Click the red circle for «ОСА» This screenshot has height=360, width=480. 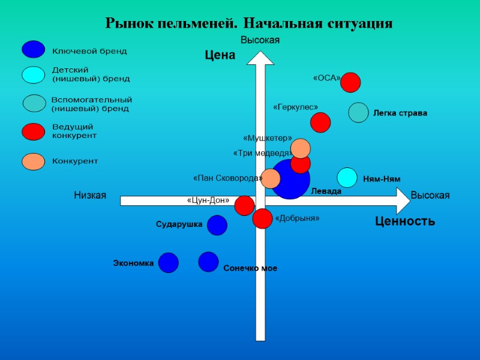(350, 82)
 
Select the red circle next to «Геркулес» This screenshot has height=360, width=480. (320, 122)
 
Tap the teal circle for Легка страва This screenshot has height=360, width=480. (358, 113)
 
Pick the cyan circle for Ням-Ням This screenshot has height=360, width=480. (347, 178)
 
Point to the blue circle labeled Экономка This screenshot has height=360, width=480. (169, 262)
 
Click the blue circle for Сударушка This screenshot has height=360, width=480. (217, 225)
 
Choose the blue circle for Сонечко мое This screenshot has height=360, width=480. (208, 262)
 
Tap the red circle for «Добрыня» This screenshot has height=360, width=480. (262, 218)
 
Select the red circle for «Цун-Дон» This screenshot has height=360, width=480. (244, 205)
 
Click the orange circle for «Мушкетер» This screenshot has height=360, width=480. (300, 148)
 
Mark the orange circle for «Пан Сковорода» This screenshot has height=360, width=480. (271, 178)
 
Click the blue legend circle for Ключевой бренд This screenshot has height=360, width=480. (33, 49)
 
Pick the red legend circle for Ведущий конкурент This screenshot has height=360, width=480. (33, 131)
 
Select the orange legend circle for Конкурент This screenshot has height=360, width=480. (33, 161)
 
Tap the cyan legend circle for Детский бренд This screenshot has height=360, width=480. (33, 74)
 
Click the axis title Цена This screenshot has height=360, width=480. (220, 56)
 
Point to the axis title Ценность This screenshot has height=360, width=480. (405, 221)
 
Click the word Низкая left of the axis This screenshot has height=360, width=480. (90, 196)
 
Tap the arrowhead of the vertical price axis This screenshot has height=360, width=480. (260, 58)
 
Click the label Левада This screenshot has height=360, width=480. (326, 191)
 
